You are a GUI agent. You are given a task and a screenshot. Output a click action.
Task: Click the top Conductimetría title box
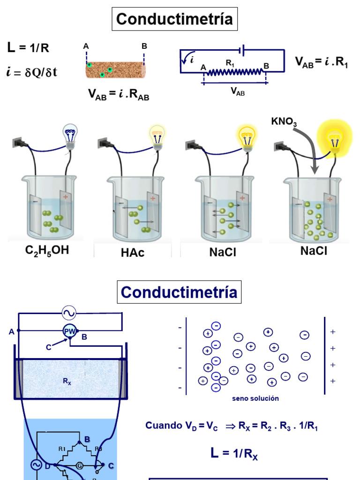174,19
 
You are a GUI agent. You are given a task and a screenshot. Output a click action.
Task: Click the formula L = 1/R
28,47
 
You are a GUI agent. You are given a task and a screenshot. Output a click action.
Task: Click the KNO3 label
284,122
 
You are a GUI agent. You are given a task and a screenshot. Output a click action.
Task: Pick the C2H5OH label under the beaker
47,250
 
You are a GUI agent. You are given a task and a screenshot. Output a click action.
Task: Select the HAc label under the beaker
132,253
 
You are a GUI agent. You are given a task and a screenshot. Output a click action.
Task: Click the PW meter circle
69,331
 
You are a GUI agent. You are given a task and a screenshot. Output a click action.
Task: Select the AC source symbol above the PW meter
69,313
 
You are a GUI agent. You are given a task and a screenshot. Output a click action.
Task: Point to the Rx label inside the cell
67,382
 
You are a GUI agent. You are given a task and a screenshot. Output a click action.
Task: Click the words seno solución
255,398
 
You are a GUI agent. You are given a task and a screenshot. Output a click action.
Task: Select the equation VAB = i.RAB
119,94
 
